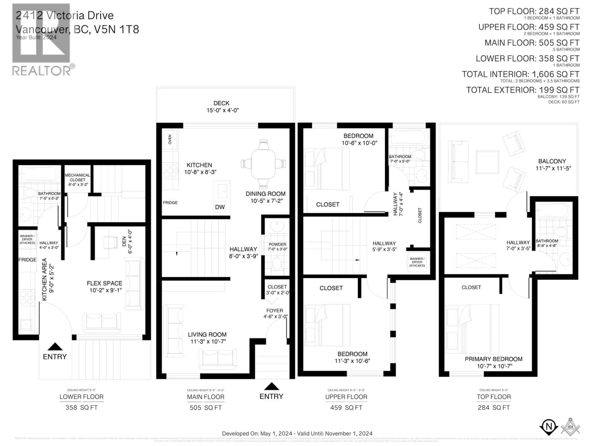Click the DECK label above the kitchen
(221, 103)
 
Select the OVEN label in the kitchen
(170, 139)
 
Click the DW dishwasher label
(220, 207)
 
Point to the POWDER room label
(277, 244)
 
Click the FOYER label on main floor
(275, 310)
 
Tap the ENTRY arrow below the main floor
(271, 387)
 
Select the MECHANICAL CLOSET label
(77, 177)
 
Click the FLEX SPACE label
(104, 283)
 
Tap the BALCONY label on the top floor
(552, 161)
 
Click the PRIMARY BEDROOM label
(494, 359)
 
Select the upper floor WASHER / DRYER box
(417, 262)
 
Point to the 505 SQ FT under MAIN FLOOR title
(205, 408)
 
